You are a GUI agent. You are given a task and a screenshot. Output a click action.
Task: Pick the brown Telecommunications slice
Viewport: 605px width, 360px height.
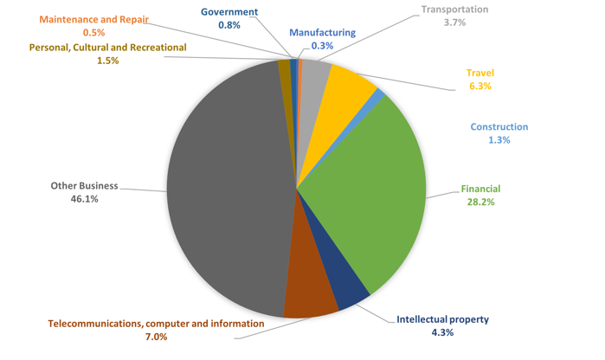309,294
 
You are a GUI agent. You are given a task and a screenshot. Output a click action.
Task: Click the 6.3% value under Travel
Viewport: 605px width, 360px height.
479,87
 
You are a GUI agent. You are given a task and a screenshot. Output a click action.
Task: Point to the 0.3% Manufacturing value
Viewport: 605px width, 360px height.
322,46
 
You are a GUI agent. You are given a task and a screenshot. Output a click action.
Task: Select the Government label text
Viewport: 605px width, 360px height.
229,12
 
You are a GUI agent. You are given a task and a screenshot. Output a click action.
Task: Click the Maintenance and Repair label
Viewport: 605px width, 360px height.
93,19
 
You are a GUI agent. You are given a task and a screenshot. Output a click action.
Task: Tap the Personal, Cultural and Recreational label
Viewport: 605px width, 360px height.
107,48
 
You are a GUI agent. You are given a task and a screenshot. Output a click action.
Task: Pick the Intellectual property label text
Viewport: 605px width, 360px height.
442,319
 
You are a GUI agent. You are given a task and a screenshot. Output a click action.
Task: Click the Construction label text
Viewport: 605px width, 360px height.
499,126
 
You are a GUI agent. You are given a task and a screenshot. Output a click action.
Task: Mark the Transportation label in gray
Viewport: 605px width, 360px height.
454,10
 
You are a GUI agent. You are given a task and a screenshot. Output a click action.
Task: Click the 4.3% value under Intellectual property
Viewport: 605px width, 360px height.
442,332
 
